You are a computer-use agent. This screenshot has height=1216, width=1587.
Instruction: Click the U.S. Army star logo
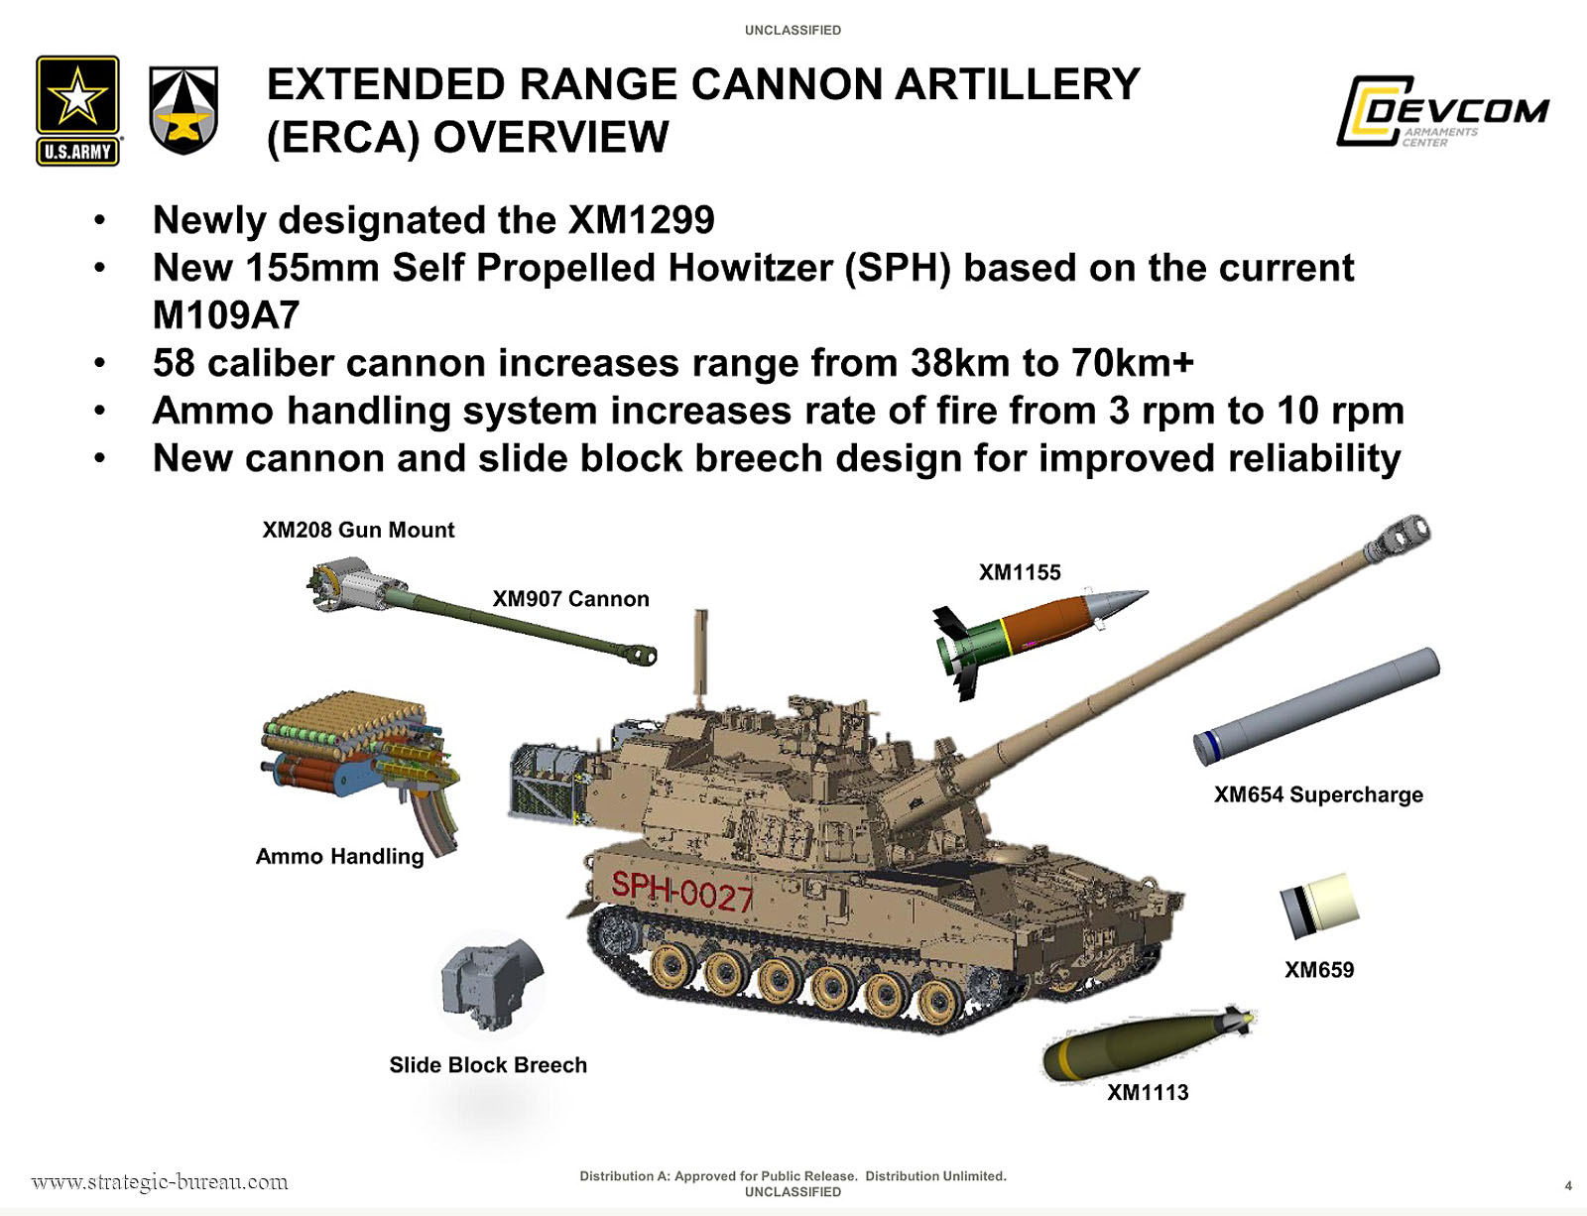point(77,110)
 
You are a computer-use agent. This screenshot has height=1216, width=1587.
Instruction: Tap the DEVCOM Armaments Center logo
point(1441,111)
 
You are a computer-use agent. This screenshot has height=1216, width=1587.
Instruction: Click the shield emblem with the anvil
point(183,110)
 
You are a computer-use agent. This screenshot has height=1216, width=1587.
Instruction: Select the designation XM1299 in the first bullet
point(641,220)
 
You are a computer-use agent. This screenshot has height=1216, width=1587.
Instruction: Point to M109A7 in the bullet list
point(226,314)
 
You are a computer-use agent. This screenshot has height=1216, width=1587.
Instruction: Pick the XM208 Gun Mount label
point(358,530)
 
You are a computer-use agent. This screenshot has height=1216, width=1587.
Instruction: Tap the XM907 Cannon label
point(570,599)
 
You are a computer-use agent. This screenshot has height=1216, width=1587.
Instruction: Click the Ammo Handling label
point(339,856)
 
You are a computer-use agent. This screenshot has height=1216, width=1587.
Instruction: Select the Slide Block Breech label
point(488,1065)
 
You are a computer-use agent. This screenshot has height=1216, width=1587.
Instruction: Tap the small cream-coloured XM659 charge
point(1319,906)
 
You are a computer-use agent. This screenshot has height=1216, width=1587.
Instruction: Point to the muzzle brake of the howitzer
point(1398,539)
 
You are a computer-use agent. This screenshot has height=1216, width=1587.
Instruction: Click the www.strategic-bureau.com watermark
point(160,1182)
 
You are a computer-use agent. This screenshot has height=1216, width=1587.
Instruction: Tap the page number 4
point(1568,1186)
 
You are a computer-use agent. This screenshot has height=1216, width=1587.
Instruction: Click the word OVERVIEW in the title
point(550,137)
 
